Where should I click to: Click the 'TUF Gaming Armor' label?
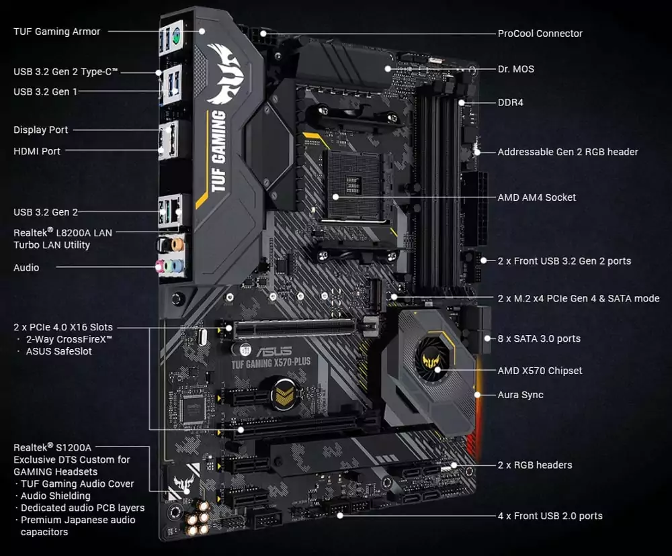(57, 32)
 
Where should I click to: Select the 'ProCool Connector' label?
(540, 34)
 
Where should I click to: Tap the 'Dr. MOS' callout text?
(515, 69)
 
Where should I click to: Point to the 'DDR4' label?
(510, 103)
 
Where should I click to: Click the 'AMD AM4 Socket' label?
(536, 197)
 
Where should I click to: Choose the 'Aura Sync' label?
(520, 395)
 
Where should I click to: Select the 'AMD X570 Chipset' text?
(540, 371)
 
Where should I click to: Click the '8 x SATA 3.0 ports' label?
(539, 339)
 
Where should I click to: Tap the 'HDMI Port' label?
(37, 151)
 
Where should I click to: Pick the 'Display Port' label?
(41, 130)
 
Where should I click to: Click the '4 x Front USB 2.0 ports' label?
(550, 516)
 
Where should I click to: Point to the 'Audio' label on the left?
(26, 267)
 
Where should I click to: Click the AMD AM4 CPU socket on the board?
(353, 184)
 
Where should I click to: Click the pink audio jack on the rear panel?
(162, 267)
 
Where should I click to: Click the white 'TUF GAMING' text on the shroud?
(219, 152)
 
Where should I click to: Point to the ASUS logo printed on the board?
(274, 352)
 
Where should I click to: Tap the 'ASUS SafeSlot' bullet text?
(58, 351)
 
